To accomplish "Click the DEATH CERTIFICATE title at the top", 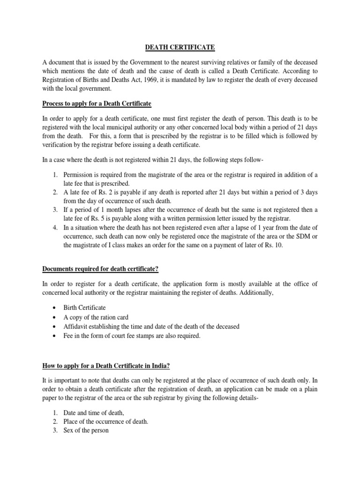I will [180, 47].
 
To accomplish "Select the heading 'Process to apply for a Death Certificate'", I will [97, 103].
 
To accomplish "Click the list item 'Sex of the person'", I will [87, 430].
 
